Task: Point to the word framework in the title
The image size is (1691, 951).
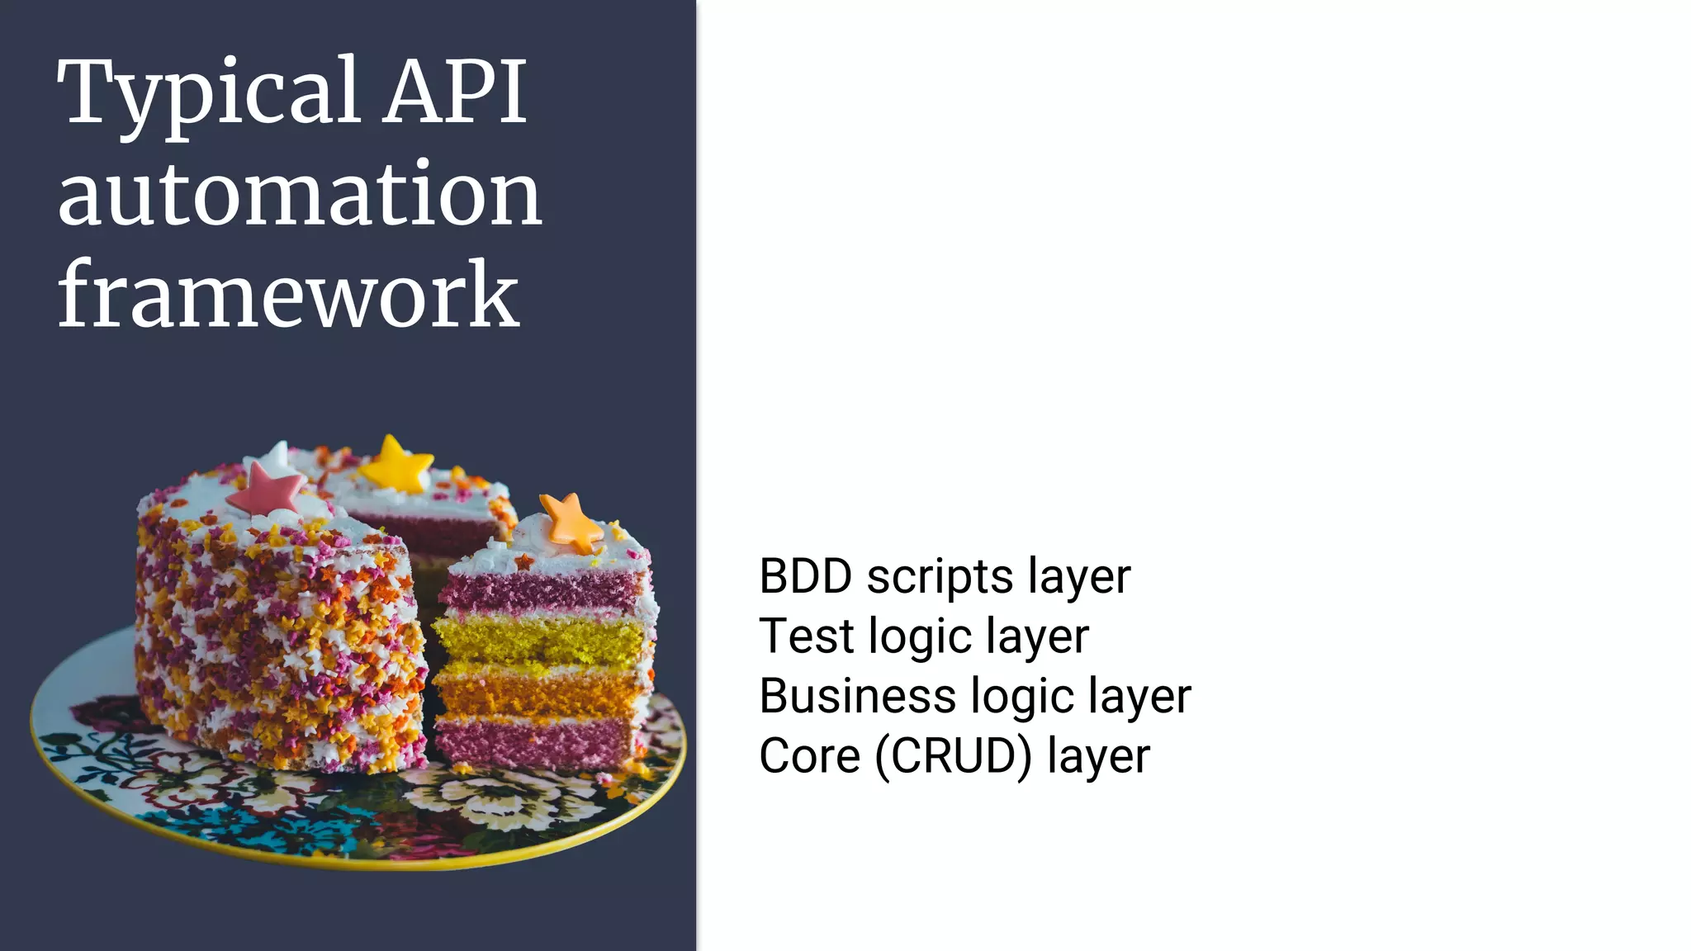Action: pyautogui.click(x=288, y=295)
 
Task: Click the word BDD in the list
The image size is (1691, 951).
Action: pyautogui.click(x=805, y=576)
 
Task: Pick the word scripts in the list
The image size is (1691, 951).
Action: pyautogui.click(x=940, y=578)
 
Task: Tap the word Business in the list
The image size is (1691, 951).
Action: pyautogui.click(x=856, y=696)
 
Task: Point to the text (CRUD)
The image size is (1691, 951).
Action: pyautogui.click(x=954, y=757)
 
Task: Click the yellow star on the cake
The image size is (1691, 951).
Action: pyautogui.click(x=395, y=465)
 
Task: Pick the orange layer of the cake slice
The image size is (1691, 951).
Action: pyautogui.click(x=537, y=692)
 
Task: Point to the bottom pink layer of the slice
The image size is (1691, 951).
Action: pyautogui.click(x=535, y=742)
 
